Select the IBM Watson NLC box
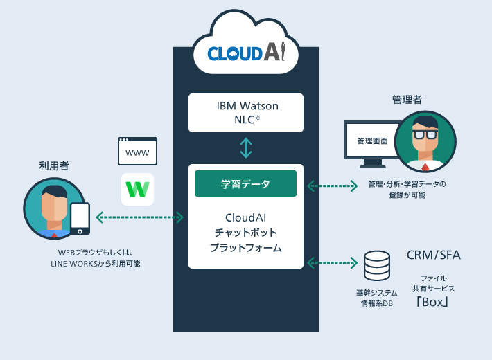[246, 112]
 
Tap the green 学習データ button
[246, 184]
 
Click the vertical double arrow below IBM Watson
[246, 147]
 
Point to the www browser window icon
[137, 151]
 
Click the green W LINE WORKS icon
[137, 189]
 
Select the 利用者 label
[54, 166]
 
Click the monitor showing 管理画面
[372, 142]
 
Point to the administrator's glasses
[425, 134]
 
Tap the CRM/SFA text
[434, 255]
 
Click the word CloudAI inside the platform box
[246, 217]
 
